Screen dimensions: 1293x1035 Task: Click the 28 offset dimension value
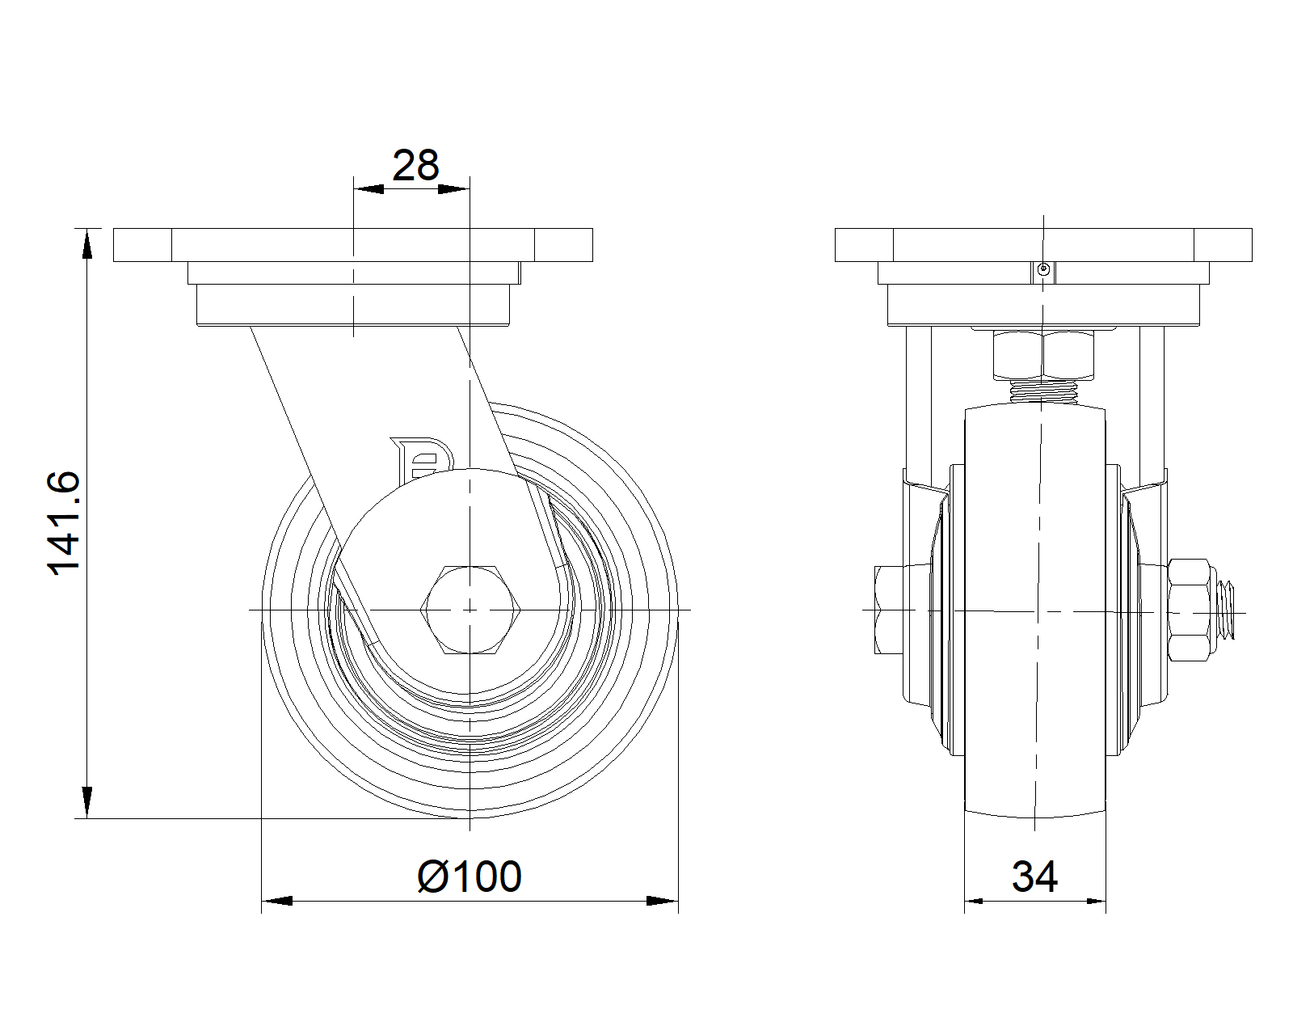pyautogui.click(x=415, y=166)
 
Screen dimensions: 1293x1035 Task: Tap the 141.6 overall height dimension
pyautogui.click(x=64, y=523)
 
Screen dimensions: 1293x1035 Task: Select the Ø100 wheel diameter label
pyautogui.click(x=470, y=877)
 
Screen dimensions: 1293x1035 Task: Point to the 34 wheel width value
pyautogui.click(x=1034, y=877)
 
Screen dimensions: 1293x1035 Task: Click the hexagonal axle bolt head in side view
pyautogui.click(x=470, y=610)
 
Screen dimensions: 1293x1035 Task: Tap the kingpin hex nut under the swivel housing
pyautogui.click(x=1043, y=355)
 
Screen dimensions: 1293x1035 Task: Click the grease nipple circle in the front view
pyautogui.click(x=1043, y=269)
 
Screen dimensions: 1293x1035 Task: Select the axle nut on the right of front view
pyautogui.click(x=1189, y=610)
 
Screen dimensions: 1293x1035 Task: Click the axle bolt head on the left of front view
pyautogui.click(x=889, y=610)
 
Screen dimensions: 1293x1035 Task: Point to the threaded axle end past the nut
pyautogui.click(x=1222, y=610)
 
